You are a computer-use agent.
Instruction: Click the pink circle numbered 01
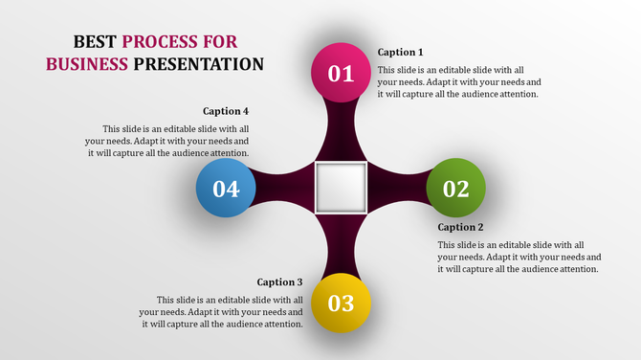pyautogui.click(x=342, y=73)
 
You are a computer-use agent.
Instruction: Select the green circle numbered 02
pyautogui.click(x=455, y=188)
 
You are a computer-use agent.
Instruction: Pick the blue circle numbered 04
pyautogui.click(x=226, y=188)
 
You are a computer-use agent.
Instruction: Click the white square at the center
pyautogui.click(x=342, y=188)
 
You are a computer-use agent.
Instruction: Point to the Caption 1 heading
pyautogui.click(x=400, y=52)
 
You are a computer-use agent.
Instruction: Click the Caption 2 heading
pyautogui.click(x=460, y=227)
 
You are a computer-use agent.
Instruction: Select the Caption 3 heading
pyautogui.click(x=279, y=281)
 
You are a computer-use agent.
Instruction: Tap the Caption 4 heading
pyautogui.click(x=226, y=111)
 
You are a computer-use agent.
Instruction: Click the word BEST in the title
pyautogui.click(x=96, y=41)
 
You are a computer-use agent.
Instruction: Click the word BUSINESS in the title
pyautogui.click(x=86, y=64)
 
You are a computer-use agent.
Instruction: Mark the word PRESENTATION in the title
pyautogui.click(x=198, y=64)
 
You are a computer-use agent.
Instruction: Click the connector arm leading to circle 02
pyautogui.click(x=397, y=188)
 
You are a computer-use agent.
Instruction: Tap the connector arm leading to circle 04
pyautogui.click(x=285, y=188)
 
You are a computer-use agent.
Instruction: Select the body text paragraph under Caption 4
pyautogui.click(x=176, y=141)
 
